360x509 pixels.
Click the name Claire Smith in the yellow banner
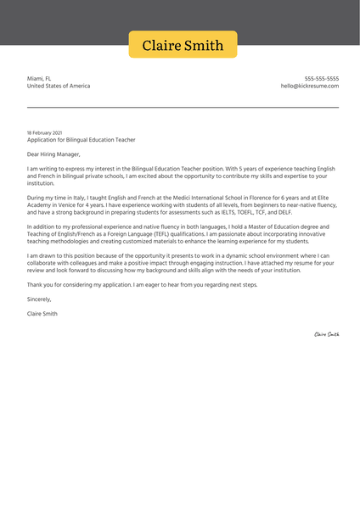(183, 45)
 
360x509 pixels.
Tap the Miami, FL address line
(39, 78)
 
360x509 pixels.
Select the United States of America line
(58, 86)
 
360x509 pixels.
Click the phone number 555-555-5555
(321, 78)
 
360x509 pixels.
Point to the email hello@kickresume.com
(309, 86)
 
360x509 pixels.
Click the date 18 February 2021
(44, 133)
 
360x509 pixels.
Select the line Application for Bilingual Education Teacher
(81, 140)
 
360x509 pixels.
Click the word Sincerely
(39, 299)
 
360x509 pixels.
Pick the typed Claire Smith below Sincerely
(42, 314)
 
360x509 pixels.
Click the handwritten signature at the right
(326, 334)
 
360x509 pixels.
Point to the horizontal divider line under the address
(183, 107)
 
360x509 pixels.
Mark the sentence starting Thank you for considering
(142, 284)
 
